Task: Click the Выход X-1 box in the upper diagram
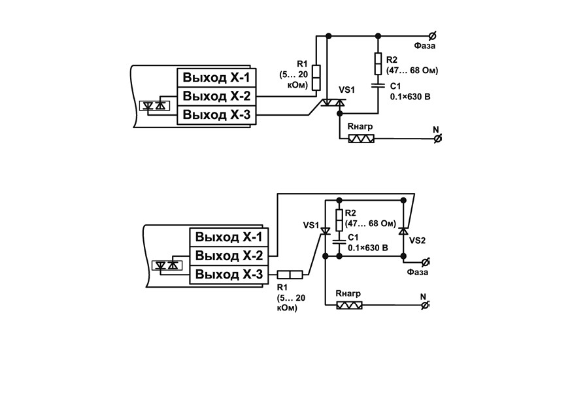pyautogui.click(x=216, y=77)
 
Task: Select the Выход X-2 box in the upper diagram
pyautogui.click(x=216, y=96)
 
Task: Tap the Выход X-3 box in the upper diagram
pyautogui.click(x=216, y=115)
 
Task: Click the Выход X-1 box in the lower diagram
pyautogui.click(x=229, y=237)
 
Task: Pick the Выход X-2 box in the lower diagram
pyautogui.click(x=229, y=256)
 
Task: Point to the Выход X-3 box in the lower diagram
pyautogui.click(x=229, y=275)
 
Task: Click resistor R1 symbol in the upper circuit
pyautogui.click(x=316, y=77)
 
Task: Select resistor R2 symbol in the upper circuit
pyautogui.click(x=378, y=63)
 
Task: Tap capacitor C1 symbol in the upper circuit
pyautogui.click(x=378, y=86)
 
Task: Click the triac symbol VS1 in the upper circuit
pyautogui.click(x=333, y=103)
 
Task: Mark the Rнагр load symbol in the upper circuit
pyautogui.click(x=361, y=139)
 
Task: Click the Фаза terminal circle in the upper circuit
pyautogui.click(x=433, y=36)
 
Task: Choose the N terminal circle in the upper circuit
pyautogui.click(x=438, y=138)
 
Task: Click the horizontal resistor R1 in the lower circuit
pyautogui.click(x=290, y=275)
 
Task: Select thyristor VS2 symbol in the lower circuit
pyautogui.click(x=403, y=231)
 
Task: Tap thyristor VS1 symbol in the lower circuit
pyautogui.click(x=326, y=231)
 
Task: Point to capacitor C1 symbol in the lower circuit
pyautogui.click(x=339, y=242)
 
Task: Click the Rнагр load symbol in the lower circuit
pyautogui.click(x=349, y=305)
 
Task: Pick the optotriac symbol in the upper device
pyautogui.click(x=154, y=106)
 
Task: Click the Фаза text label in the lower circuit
pyautogui.click(x=418, y=272)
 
